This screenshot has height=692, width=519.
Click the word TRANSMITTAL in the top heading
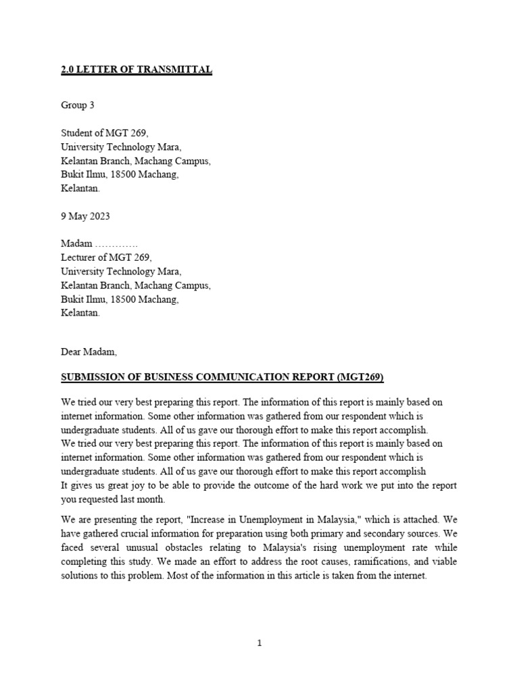[174, 70]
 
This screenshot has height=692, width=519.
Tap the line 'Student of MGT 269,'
[104, 133]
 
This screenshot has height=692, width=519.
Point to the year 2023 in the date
[99, 217]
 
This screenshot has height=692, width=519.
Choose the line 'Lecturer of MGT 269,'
[107, 257]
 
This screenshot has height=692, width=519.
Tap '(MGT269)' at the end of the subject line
[360, 377]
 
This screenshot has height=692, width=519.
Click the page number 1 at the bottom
[259, 643]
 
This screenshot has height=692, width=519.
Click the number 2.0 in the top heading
[68, 70]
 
